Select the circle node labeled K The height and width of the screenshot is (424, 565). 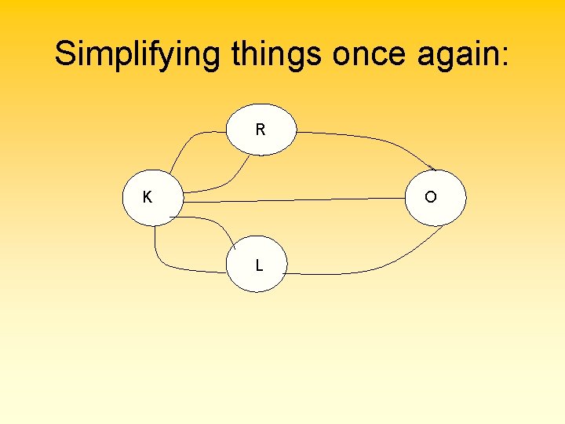click(154, 197)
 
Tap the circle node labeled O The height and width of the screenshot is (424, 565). click(436, 197)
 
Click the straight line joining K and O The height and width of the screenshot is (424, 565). click(298, 200)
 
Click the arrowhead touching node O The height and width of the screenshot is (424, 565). click(431, 167)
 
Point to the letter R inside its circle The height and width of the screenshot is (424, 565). click(261, 130)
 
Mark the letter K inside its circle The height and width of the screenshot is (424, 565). click(147, 197)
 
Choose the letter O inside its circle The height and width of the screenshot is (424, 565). click(431, 197)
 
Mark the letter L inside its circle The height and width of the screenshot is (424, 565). click(259, 265)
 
